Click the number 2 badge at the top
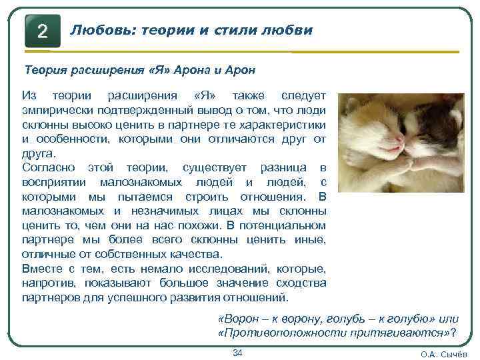point(42,31)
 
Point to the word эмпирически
point(59,110)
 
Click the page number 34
point(237,352)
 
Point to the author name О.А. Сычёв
point(445,354)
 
